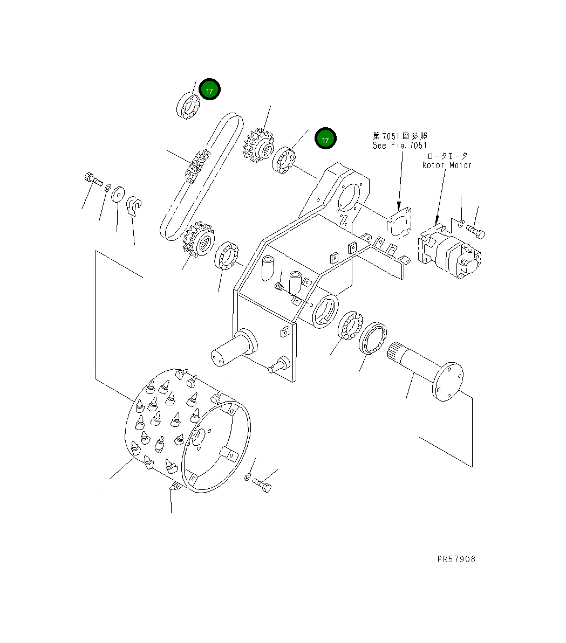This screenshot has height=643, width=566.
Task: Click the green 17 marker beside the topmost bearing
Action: point(209,90)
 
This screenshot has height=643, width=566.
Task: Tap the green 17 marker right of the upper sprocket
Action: point(325,139)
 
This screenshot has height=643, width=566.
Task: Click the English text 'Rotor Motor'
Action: point(447,165)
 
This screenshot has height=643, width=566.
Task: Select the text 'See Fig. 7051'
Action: point(399,145)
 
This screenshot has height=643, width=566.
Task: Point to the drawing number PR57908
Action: point(456,559)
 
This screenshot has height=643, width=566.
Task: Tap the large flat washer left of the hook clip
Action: point(118,193)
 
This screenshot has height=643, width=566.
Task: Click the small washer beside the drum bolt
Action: point(247,476)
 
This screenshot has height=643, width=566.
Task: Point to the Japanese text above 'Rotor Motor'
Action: point(448,156)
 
